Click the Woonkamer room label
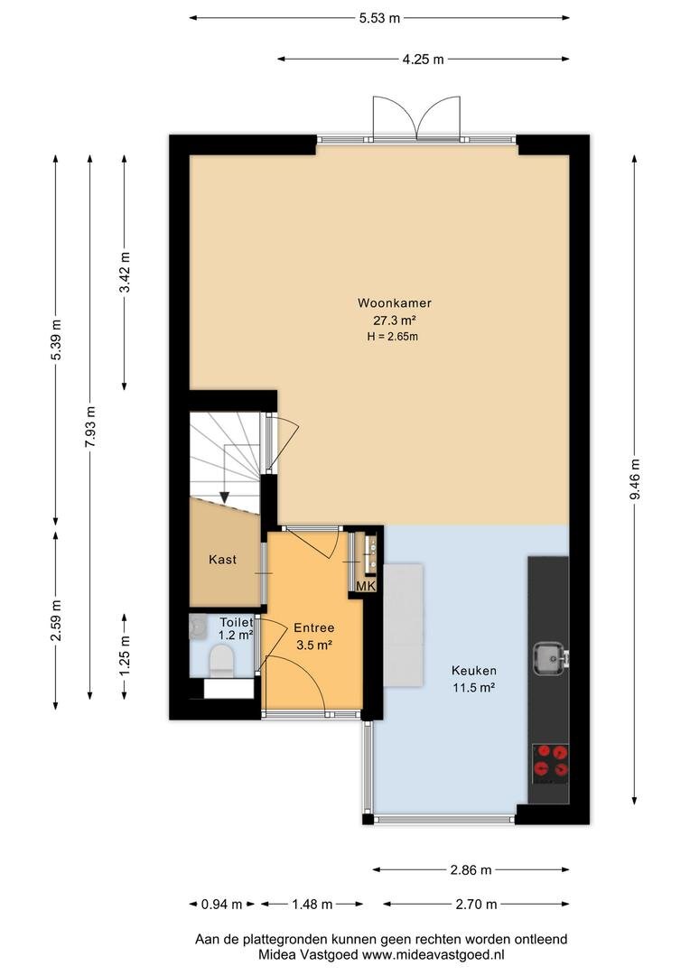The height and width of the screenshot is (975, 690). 395,303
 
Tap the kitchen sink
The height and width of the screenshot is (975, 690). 551,658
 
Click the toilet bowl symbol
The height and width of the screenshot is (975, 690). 221,660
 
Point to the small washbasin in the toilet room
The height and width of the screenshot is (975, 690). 198,627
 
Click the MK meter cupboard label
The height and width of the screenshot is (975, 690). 366,586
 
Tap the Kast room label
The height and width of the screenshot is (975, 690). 223,560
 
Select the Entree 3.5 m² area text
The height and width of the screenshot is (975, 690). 314,645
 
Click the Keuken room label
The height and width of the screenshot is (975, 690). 474,670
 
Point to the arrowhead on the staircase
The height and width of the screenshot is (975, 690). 225,497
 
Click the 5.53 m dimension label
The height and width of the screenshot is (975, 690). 379,18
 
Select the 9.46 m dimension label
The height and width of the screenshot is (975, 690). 634,478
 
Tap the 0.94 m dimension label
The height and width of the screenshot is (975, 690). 221,904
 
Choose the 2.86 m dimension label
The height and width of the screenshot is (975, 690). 471,870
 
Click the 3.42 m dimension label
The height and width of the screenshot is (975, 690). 125,273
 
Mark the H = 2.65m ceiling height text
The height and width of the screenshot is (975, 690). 393,337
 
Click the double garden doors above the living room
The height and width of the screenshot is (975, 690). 416,118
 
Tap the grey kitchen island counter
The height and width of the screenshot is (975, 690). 403,625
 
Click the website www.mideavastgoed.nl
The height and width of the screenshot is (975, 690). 433,954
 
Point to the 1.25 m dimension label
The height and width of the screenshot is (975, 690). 125,656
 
